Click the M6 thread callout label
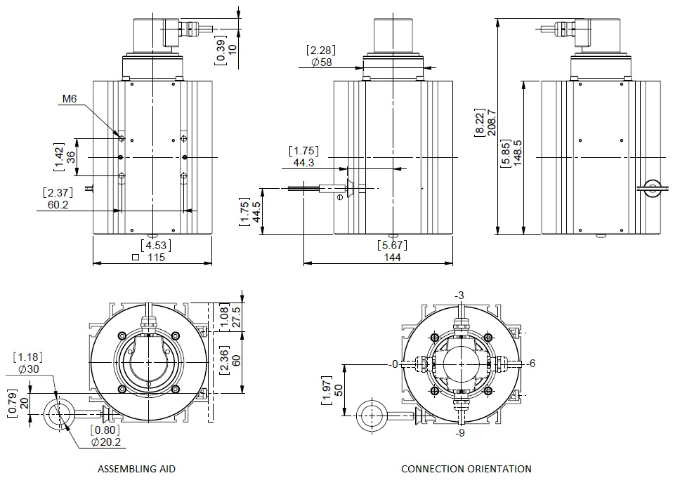[x=68, y=100]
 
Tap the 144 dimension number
[x=393, y=258]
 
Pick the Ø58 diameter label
[x=321, y=62]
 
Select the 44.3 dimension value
[x=303, y=163]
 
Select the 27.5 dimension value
[x=235, y=313]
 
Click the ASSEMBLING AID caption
[x=136, y=468]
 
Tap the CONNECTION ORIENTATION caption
[x=466, y=468]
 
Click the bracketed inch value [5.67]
[x=393, y=245]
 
